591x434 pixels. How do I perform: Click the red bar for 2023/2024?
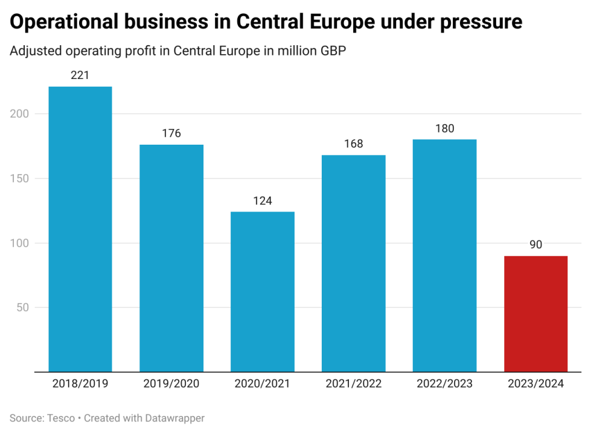(x=535, y=313)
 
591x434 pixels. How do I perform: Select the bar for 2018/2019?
(x=80, y=229)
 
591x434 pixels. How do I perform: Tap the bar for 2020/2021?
(x=263, y=292)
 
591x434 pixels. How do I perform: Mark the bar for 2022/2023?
(x=444, y=256)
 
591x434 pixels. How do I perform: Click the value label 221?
(x=80, y=76)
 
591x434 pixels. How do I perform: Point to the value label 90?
(x=535, y=245)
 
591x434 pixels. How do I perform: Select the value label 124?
(x=263, y=201)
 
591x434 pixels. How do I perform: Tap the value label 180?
(x=444, y=128)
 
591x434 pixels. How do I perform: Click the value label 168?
(x=353, y=144)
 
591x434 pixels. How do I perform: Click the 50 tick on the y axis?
(x=24, y=307)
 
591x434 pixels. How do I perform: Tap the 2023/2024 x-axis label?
(x=535, y=384)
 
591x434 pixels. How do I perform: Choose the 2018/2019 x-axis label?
(x=80, y=384)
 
